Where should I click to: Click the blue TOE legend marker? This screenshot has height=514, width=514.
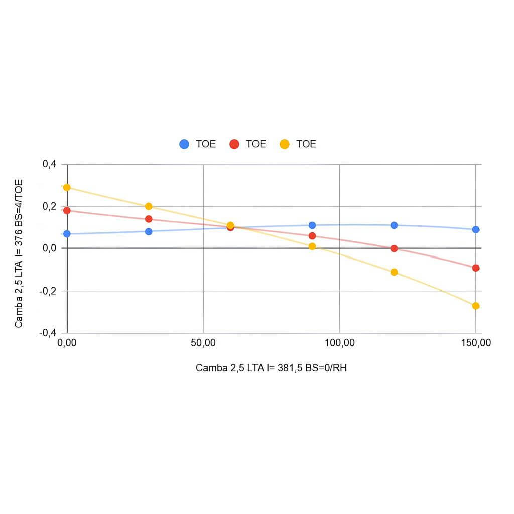click(184, 144)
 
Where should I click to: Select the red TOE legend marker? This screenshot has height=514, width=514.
click(234, 144)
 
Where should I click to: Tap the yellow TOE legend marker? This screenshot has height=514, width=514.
click(284, 144)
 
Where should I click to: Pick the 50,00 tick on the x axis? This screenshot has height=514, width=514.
click(203, 344)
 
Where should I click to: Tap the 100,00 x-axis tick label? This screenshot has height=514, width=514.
click(339, 344)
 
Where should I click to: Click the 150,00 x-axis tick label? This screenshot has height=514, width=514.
click(475, 344)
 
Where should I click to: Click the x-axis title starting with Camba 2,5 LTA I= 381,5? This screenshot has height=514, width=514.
click(272, 368)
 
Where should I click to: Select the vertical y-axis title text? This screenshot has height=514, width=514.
click(19, 253)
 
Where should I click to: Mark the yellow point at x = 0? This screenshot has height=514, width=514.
click(67, 187)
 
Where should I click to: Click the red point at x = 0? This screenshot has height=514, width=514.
click(67, 210)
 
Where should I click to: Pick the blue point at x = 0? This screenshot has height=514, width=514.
click(67, 233)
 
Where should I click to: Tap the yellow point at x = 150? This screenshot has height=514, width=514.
click(476, 306)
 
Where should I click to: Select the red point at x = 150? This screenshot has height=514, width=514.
click(476, 268)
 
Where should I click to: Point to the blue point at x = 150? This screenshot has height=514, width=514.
click(476, 229)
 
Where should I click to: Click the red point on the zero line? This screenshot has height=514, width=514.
click(394, 248)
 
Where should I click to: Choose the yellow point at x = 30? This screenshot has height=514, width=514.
click(149, 206)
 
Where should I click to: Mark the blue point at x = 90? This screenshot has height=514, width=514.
click(312, 225)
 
